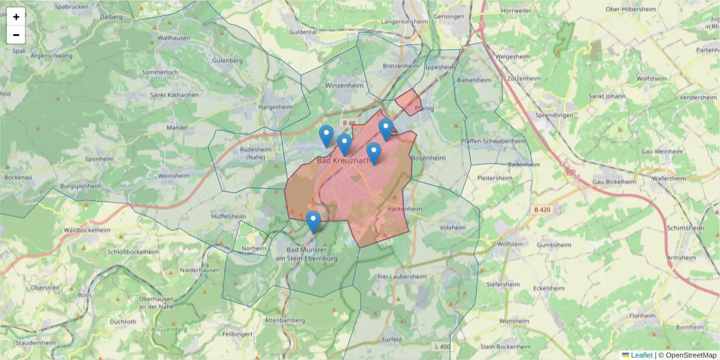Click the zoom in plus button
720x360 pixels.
pos(16,17)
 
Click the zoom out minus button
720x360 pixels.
pos(16,35)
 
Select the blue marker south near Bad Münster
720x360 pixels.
pos(313,221)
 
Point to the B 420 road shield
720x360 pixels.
pos(541,209)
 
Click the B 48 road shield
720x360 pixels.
pos(347,123)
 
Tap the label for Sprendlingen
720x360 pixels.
pos(555,115)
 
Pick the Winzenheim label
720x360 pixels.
pos(344,86)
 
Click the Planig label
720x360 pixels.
pos(424,109)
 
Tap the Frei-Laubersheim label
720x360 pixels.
pos(402,277)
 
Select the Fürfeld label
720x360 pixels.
pos(391,340)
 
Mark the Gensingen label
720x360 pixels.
pos(448,16)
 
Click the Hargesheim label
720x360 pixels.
pos(275,107)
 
